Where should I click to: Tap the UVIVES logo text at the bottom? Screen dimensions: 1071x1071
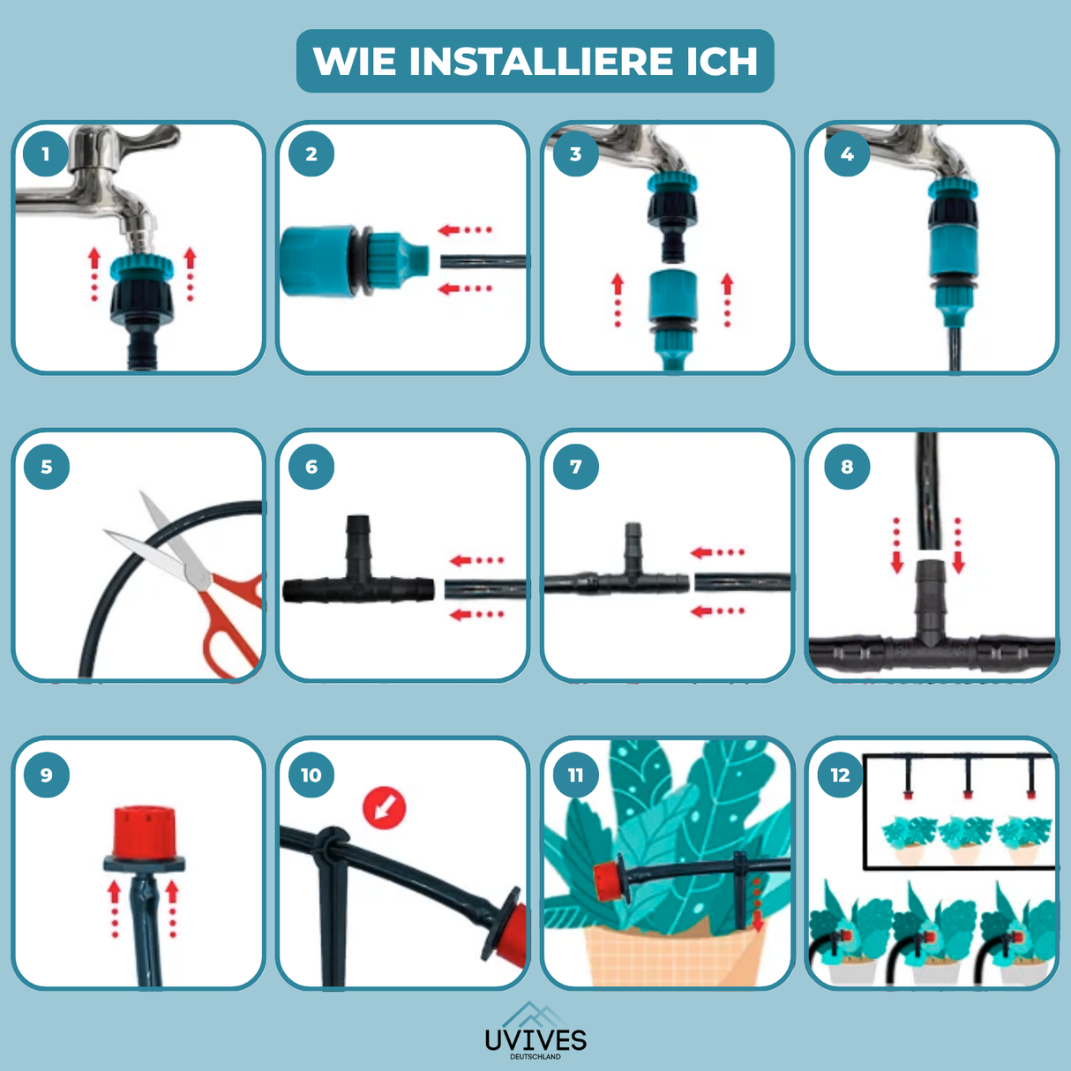(x=535, y=1039)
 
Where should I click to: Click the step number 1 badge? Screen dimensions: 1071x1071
(x=46, y=154)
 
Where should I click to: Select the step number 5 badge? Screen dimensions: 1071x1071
(x=46, y=467)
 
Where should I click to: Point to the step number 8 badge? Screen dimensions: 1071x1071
(x=847, y=467)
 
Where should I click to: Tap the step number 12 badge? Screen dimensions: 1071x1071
(x=840, y=775)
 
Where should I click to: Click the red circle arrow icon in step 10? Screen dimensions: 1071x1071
(x=385, y=806)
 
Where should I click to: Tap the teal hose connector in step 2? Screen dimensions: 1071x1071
(x=353, y=260)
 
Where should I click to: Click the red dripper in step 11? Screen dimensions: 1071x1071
(x=607, y=882)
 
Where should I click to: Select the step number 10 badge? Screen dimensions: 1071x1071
(x=311, y=775)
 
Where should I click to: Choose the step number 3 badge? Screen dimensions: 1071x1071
(x=575, y=154)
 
